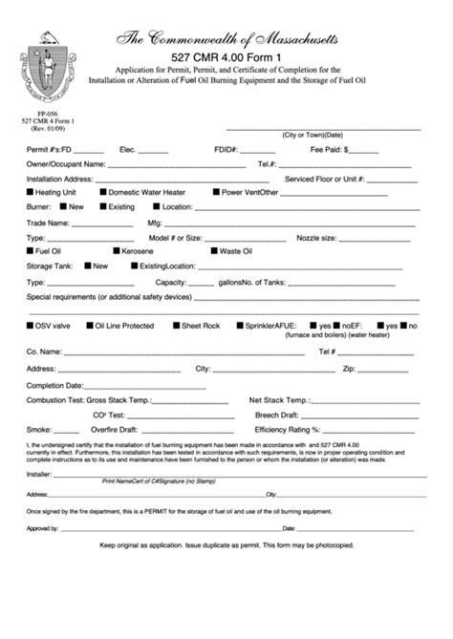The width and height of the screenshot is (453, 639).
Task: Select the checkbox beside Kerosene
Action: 87,251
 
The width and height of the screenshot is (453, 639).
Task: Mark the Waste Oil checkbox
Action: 213,251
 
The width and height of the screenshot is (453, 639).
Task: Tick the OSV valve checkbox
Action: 30,326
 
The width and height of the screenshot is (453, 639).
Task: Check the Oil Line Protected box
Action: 88,326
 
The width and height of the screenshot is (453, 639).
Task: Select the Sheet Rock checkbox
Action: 175,326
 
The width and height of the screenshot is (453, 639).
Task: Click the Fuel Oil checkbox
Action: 30,251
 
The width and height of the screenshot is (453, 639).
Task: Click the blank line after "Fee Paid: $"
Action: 364,152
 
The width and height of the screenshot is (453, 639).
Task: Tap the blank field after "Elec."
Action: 153,152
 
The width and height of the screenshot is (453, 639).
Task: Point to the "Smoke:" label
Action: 39,429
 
